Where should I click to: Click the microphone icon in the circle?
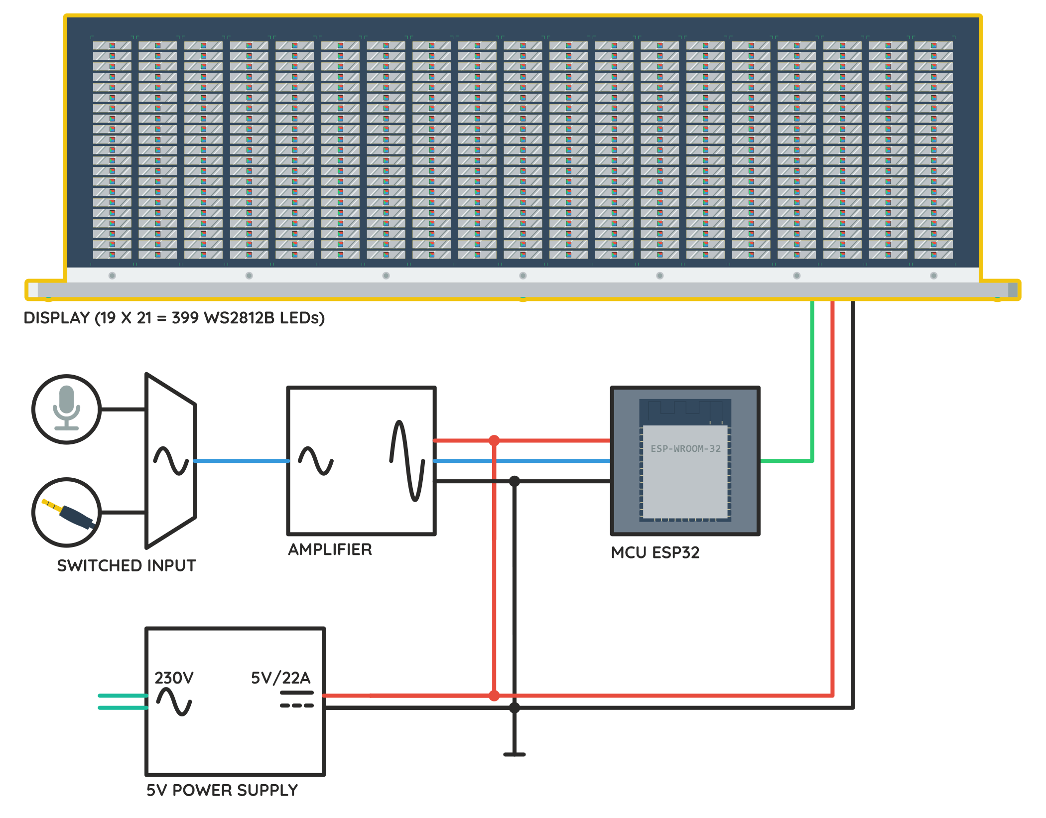[66, 408]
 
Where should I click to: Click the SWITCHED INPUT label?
[127, 565]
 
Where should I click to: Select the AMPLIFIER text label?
[330, 549]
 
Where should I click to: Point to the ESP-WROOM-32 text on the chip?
[685, 448]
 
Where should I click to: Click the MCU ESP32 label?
[655, 552]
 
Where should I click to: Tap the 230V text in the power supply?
[174, 678]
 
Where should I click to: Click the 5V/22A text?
[280, 678]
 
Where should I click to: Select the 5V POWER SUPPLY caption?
[222, 790]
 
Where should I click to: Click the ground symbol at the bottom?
[514, 754]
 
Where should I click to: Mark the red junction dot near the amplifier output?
[494, 440]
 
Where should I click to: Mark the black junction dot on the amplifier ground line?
[514, 481]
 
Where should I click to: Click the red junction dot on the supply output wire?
[494, 695]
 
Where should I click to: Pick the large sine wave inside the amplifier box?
[407, 461]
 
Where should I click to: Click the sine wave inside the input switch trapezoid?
[171, 460]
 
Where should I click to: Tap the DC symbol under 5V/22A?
[296, 699]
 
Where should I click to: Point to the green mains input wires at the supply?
[123, 701]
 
